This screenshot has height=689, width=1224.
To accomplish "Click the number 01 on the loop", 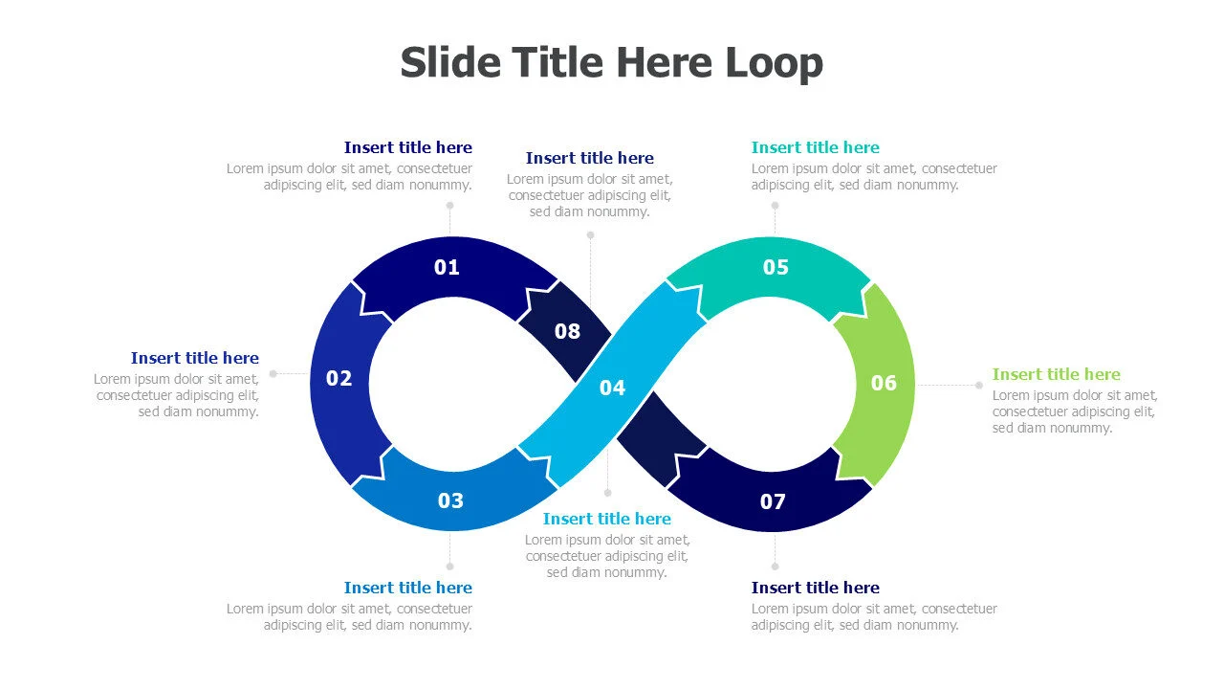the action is pyautogui.click(x=447, y=267).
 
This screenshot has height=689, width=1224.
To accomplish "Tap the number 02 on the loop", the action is pyautogui.click(x=339, y=378).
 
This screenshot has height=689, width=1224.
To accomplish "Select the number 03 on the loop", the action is pyautogui.click(x=450, y=500).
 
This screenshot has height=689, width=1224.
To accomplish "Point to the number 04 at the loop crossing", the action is pyautogui.click(x=612, y=388).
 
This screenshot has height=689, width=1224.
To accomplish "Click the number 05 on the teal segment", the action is pyautogui.click(x=776, y=267).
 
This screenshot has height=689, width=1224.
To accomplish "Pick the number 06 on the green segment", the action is pyautogui.click(x=884, y=384).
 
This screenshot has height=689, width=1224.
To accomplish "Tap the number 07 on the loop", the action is pyautogui.click(x=773, y=502).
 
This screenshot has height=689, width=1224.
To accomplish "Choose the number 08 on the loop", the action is pyautogui.click(x=567, y=331).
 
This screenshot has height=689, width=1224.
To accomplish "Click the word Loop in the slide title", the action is pyautogui.click(x=775, y=63).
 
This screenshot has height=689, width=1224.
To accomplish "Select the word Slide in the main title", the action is pyautogui.click(x=450, y=62).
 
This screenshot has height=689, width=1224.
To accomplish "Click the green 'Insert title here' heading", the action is pyautogui.click(x=1057, y=374).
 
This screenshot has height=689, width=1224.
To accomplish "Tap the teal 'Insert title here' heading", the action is pyautogui.click(x=816, y=147).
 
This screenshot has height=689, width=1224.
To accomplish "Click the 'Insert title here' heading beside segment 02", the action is pyautogui.click(x=194, y=358).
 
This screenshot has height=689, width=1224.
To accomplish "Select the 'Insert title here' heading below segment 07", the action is pyautogui.click(x=816, y=588).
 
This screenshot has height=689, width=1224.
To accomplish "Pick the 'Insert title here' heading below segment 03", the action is pyautogui.click(x=408, y=588).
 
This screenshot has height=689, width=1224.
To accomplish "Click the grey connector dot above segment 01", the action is pyautogui.click(x=449, y=206).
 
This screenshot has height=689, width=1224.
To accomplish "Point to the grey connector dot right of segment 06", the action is pyautogui.click(x=978, y=385).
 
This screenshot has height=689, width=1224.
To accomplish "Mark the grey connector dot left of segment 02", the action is pyautogui.click(x=273, y=373).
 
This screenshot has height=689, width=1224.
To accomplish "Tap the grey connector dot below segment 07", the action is pyautogui.click(x=775, y=567).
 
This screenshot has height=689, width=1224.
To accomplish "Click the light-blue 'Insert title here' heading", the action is pyautogui.click(x=606, y=519).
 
